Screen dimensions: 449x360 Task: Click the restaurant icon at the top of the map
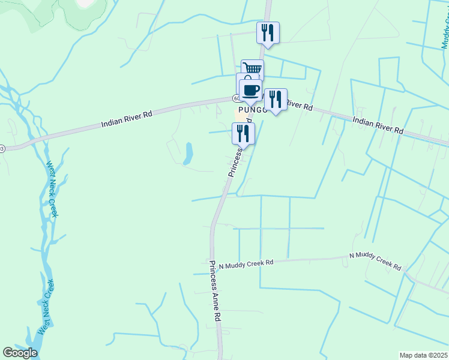(x=268, y=33)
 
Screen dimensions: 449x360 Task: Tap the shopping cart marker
(x=252, y=70)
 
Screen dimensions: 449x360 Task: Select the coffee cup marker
(x=250, y=91)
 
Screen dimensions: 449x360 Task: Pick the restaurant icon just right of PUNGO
(x=276, y=100)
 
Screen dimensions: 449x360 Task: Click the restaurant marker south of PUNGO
(x=243, y=133)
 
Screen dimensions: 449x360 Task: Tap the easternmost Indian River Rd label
(x=378, y=125)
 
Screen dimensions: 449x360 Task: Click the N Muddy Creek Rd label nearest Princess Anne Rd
(x=246, y=263)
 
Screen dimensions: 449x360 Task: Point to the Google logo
(x=20, y=353)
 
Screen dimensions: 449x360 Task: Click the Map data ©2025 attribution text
(x=423, y=355)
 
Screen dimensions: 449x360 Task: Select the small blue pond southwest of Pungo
(x=188, y=153)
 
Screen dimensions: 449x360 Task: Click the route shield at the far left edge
(x=2, y=148)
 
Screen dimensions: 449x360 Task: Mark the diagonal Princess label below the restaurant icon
(x=236, y=161)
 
